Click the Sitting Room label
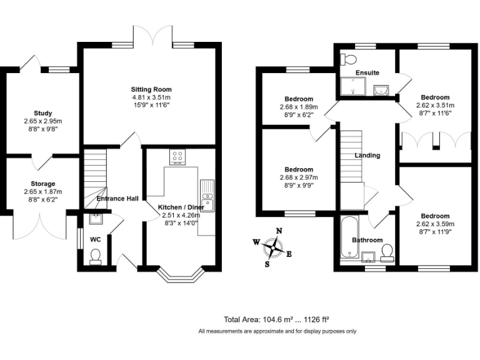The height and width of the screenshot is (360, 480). pyautogui.click(x=151, y=89)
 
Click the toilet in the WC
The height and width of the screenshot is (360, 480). pyautogui.click(x=96, y=257)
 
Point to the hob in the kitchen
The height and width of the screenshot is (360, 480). pyautogui.click(x=177, y=156)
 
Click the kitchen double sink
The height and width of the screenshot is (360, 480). pyautogui.click(x=207, y=195)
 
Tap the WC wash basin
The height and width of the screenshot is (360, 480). pyautogui.click(x=96, y=218)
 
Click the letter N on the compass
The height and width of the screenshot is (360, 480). pyautogui.click(x=279, y=231)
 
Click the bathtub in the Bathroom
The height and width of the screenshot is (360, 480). pyautogui.click(x=348, y=238)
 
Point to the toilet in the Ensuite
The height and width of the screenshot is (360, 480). pyautogui.click(x=347, y=59)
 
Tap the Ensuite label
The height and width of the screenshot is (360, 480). pyautogui.click(x=367, y=73)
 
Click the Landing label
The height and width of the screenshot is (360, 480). pyautogui.click(x=367, y=155)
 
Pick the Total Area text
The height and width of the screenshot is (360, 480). pyautogui.click(x=277, y=319)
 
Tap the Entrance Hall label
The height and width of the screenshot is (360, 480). pyautogui.click(x=117, y=199)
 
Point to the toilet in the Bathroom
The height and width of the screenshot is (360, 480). pyautogui.click(x=387, y=252)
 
